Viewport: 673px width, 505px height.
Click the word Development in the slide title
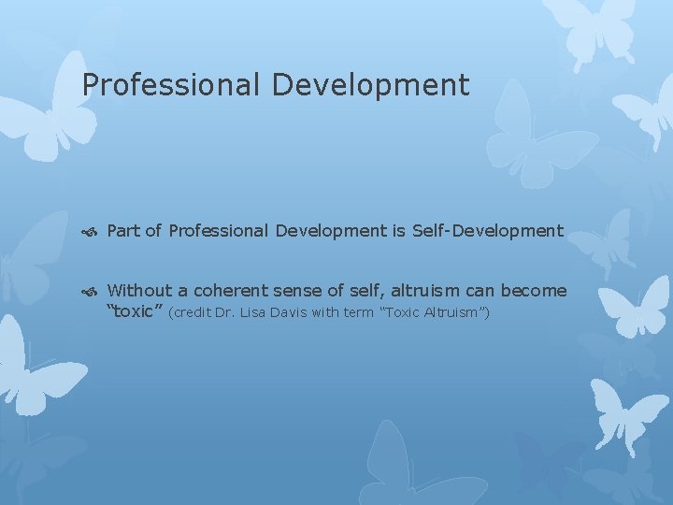[x=371, y=86]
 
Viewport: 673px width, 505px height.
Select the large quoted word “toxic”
[x=136, y=311]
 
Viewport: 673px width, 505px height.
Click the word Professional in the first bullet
[x=219, y=231]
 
